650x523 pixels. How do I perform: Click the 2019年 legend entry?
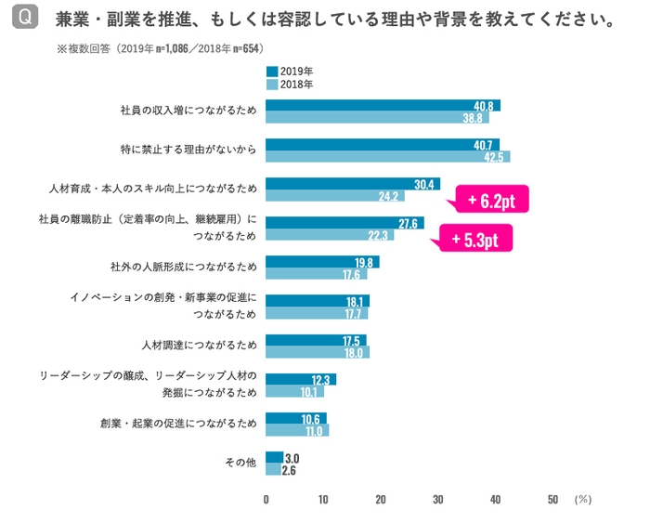tap(290, 71)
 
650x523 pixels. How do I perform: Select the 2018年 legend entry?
tap(290, 84)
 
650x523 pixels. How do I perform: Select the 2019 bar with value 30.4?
tap(352, 184)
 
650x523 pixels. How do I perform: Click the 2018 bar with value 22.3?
tap(329, 235)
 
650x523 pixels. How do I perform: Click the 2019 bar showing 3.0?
tap(274, 457)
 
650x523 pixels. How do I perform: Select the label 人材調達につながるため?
tap(200, 346)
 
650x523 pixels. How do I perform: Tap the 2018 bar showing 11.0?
tap(297, 430)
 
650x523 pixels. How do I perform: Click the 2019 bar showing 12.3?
tap(300, 379)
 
